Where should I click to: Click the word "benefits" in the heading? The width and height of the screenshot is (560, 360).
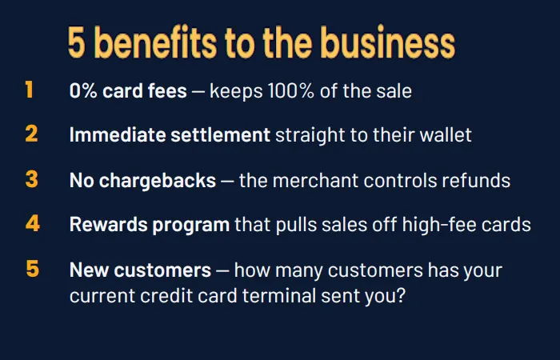[x=156, y=42]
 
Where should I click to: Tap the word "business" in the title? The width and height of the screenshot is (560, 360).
[x=388, y=42]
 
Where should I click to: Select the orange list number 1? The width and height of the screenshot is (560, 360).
[x=30, y=90]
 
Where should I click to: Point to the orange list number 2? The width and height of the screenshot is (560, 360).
[x=31, y=134]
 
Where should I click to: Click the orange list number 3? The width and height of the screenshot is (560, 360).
[x=32, y=179]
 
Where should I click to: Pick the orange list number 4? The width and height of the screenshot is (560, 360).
[x=33, y=223]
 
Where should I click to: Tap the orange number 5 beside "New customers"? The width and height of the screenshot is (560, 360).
[x=33, y=269]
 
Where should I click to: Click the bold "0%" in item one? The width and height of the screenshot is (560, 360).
[x=83, y=90]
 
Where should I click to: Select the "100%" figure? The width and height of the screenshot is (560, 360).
[x=291, y=90]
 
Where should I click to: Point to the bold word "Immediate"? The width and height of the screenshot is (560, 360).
[x=118, y=135]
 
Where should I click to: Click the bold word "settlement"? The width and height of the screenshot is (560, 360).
[x=220, y=135]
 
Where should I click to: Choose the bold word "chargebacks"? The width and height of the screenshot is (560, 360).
[x=157, y=181]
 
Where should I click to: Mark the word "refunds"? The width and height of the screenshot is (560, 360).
[x=476, y=180]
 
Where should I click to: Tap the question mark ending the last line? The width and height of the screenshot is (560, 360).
[x=401, y=296]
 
